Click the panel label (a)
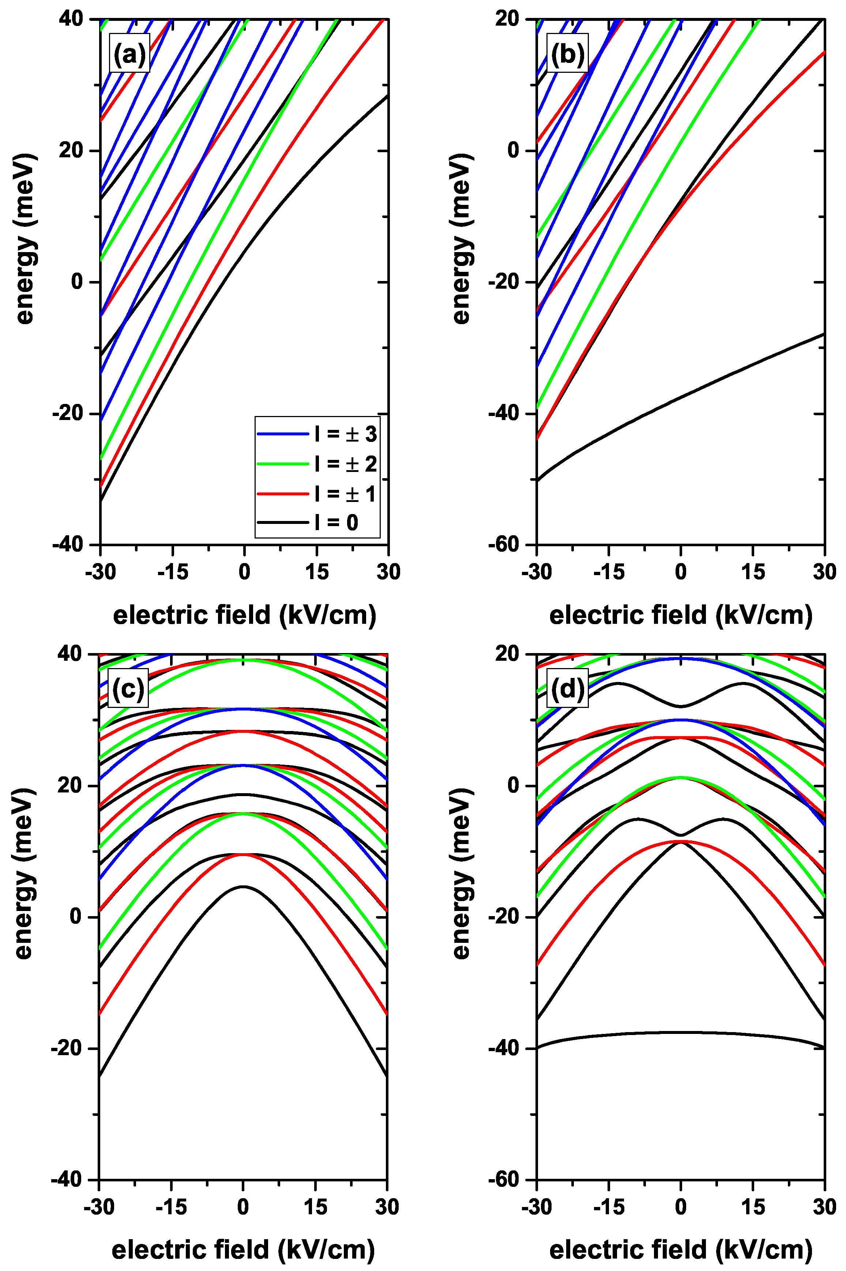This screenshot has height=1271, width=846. pyautogui.click(x=129, y=53)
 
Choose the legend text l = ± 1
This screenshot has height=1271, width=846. pyautogui.click(x=345, y=493)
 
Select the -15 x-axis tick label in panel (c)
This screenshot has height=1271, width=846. pyautogui.click(x=171, y=1206)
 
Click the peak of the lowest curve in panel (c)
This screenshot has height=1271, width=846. pyautogui.click(x=243, y=886)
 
